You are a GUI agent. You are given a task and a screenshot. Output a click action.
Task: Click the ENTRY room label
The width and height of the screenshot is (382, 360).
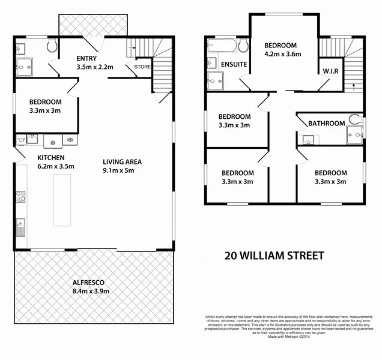tap(87, 58)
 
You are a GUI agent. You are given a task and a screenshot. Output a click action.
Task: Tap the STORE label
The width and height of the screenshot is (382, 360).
tap(142, 67)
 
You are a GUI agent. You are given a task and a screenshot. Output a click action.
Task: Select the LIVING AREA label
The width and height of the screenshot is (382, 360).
tap(122, 161)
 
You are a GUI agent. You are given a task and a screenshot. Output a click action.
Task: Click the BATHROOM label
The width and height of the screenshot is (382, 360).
tap(327, 124)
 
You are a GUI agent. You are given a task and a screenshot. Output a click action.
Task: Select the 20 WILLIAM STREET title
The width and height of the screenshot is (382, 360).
tap(274, 256)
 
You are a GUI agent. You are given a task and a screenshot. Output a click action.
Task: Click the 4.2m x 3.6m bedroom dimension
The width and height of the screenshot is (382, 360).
tap(280, 55)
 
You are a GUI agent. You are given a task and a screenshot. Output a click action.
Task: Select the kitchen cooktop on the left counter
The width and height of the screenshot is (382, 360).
tap(20, 195)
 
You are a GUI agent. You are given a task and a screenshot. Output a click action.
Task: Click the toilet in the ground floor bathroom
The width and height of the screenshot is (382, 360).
tap(50, 45)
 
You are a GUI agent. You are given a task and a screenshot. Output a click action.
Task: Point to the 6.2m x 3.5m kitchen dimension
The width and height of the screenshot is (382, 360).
tap(55, 167)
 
